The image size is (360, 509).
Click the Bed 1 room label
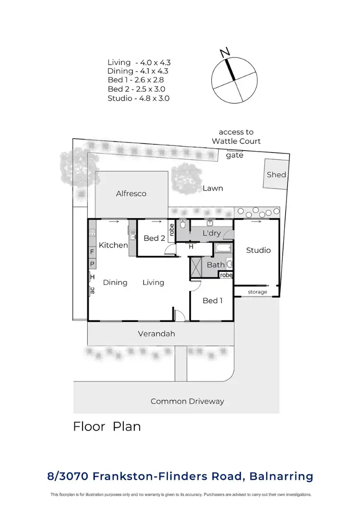point(213,300)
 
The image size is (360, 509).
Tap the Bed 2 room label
point(154,238)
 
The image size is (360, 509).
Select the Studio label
point(258,250)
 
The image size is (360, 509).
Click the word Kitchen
point(113,245)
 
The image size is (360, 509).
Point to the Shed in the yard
point(276,175)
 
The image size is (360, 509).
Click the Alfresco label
point(131,194)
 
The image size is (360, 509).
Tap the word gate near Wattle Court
point(235,155)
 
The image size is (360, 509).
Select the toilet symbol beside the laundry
point(183,224)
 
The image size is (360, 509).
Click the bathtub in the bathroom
point(223,249)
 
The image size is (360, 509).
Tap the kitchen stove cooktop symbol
point(92,235)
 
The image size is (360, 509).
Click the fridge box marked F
point(92,252)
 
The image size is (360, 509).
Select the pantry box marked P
point(92,264)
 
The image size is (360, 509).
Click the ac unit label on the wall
point(92,290)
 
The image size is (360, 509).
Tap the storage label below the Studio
point(257,292)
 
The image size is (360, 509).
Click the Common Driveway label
point(187,401)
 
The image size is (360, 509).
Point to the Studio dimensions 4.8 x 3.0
point(139,98)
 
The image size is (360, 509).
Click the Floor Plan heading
point(107,426)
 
